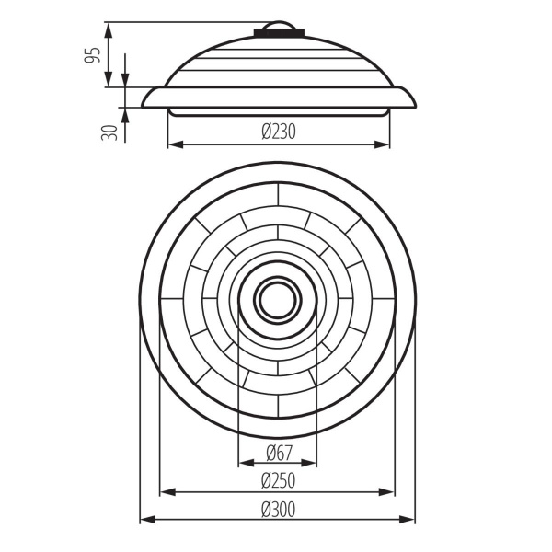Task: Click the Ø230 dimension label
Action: pos(278,132)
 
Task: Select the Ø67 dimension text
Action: pos(278,452)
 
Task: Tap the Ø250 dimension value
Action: pos(278,480)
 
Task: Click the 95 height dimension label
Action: pos(92,55)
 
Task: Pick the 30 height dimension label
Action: pos(111,131)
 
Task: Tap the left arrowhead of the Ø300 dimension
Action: pos(145,521)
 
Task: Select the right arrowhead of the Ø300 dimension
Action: pos(409,521)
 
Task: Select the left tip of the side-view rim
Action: pos(144,105)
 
